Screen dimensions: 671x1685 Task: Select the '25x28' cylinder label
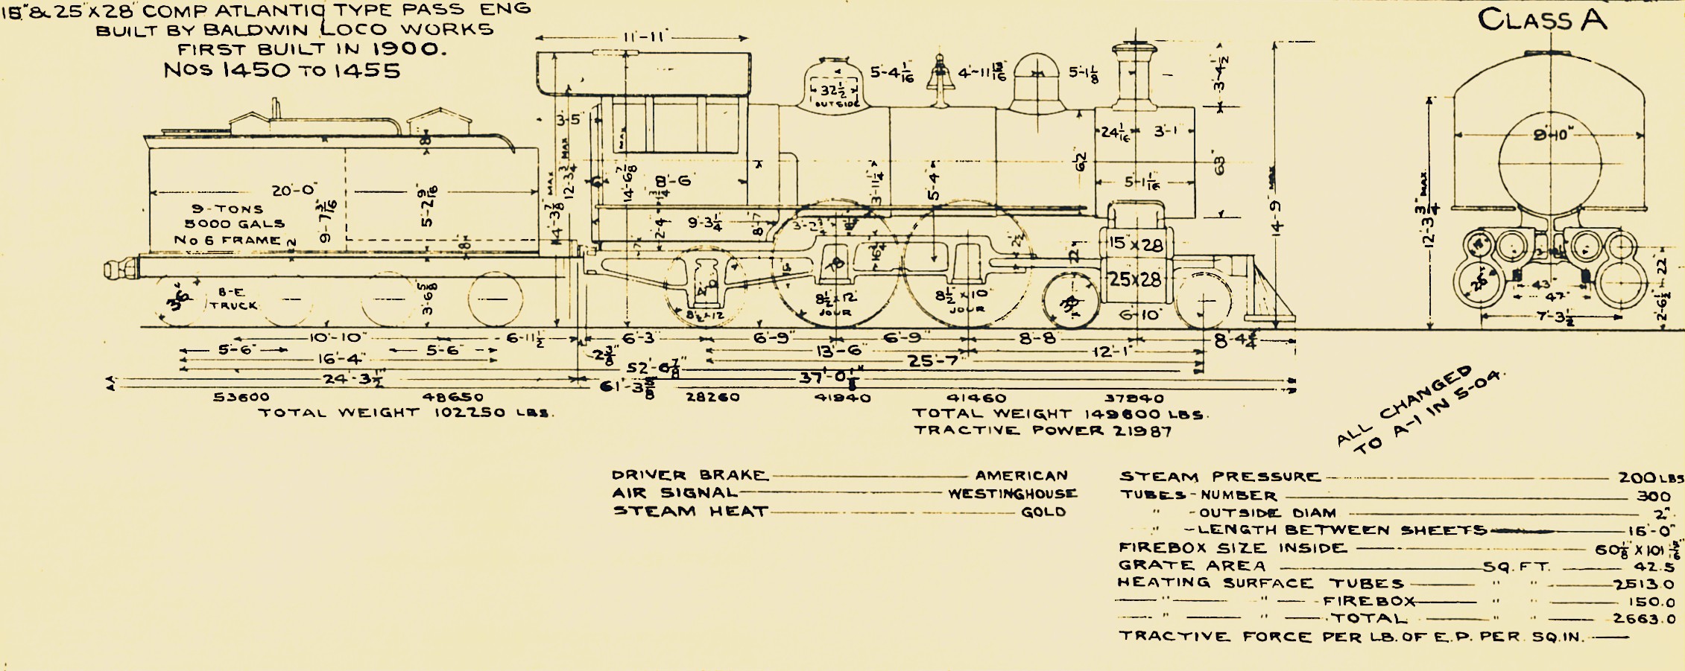pos(1135,280)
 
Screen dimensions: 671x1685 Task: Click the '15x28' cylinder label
pos(1135,244)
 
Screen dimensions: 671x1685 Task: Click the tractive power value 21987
pos(1141,431)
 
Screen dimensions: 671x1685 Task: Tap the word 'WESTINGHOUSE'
pos(1012,494)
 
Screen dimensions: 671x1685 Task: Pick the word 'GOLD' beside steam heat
pos(1043,512)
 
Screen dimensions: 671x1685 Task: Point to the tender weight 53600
pos(241,398)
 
